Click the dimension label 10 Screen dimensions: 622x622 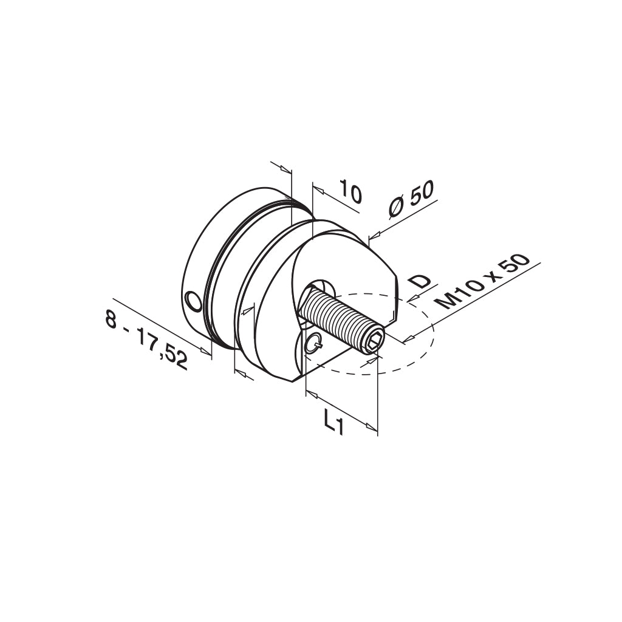pyautogui.click(x=350, y=192)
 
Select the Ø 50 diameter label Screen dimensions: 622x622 pyautogui.click(x=412, y=200)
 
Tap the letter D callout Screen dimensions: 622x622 pyautogui.click(x=420, y=281)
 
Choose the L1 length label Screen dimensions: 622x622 pyautogui.click(x=333, y=422)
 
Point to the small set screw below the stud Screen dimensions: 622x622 pyautogui.click(x=313, y=344)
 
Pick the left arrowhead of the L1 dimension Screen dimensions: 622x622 pyautogui.click(x=312, y=395)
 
